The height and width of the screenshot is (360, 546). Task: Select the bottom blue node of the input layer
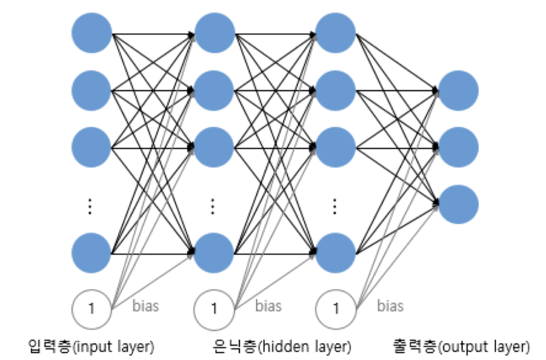click(91, 253)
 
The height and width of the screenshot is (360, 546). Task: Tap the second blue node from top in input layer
click(91, 91)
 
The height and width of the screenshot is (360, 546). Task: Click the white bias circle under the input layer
click(91, 309)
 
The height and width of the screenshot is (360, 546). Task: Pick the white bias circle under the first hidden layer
click(213, 309)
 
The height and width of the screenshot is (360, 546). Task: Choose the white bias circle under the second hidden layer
click(336, 309)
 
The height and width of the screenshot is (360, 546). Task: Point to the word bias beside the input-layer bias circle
click(145, 306)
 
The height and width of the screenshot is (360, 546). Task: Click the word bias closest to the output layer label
click(390, 306)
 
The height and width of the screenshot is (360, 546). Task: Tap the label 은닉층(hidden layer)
click(281, 346)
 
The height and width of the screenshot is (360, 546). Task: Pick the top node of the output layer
click(458, 91)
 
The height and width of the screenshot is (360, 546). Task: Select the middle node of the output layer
click(458, 148)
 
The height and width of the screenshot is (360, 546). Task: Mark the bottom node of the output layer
click(458, 204)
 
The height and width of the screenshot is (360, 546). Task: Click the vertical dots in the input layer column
click(89, 206)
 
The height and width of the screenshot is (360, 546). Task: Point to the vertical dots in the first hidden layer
click(212, 206)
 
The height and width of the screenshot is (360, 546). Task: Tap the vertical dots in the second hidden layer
click(335, 206)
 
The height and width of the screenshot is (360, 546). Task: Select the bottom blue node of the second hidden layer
click(336, 253)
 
